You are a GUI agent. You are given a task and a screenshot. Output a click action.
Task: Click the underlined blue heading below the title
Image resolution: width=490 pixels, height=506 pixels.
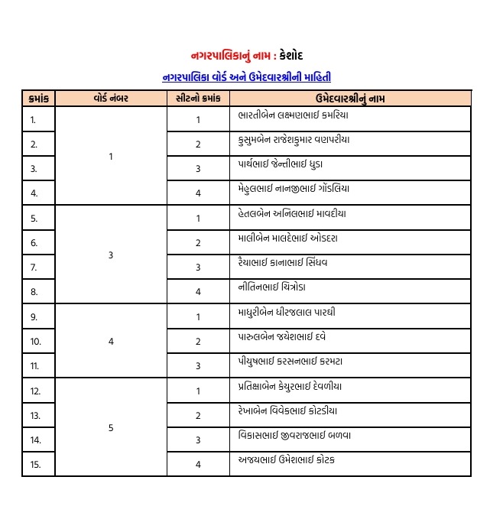tap(247, 77)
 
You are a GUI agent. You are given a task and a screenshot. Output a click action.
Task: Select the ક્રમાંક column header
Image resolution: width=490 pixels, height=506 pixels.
tap(38, 98)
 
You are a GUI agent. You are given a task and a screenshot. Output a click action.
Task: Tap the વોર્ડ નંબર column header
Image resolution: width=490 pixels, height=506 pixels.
tap(111, 98)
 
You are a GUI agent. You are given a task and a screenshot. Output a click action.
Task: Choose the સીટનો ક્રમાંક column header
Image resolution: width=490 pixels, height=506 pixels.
tap(197, 98)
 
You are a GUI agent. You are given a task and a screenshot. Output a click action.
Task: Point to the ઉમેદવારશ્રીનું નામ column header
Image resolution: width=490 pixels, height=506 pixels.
tap(350, 98)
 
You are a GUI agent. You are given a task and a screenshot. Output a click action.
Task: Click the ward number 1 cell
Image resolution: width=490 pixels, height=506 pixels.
tap(111, 156)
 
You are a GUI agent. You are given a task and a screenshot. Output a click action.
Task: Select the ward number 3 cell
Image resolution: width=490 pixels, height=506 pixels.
tap(111, 255)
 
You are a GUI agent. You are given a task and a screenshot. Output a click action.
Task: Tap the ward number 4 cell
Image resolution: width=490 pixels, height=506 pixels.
tap(111, 341)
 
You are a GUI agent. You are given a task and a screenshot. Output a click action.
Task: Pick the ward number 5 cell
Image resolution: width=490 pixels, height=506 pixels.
tap(111, 427)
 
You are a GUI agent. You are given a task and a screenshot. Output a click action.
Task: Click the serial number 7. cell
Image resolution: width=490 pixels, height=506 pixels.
tap(34, 268)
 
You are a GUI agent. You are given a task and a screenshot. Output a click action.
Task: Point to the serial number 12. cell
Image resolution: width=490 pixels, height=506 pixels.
tap(35, 391)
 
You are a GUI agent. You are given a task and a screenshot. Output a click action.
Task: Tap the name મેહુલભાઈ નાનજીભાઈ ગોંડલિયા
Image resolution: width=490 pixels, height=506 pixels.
tap(294, 188)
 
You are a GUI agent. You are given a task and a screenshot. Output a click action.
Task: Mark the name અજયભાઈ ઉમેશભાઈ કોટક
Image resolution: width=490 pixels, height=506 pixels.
tap(286, 459)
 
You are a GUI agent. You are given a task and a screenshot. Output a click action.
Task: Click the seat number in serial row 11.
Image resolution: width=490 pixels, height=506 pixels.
tap(198, 366)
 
